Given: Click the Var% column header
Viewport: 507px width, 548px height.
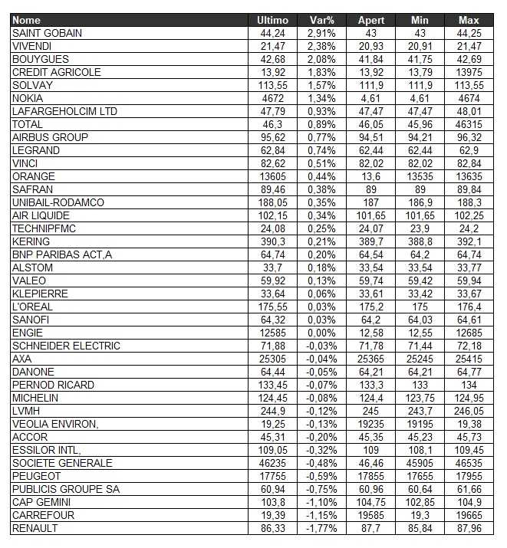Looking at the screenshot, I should pos(316,20).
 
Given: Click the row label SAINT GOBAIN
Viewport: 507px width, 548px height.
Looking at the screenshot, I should pos(48,33).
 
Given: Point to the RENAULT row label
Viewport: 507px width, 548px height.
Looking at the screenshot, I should pos(36,528).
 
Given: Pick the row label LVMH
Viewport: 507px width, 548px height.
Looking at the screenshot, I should pos(27,411).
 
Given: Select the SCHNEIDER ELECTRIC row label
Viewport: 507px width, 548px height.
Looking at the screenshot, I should pos(67,346).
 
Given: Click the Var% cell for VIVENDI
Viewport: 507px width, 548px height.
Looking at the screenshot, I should pos(316,46).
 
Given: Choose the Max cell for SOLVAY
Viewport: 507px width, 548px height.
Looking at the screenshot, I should pos(469,85).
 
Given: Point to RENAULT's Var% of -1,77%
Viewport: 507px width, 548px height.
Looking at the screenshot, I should pos(316,528).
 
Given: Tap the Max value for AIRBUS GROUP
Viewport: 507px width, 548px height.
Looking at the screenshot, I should pos(469,137).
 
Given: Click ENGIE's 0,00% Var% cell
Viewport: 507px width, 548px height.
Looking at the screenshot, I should pos(316,333).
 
